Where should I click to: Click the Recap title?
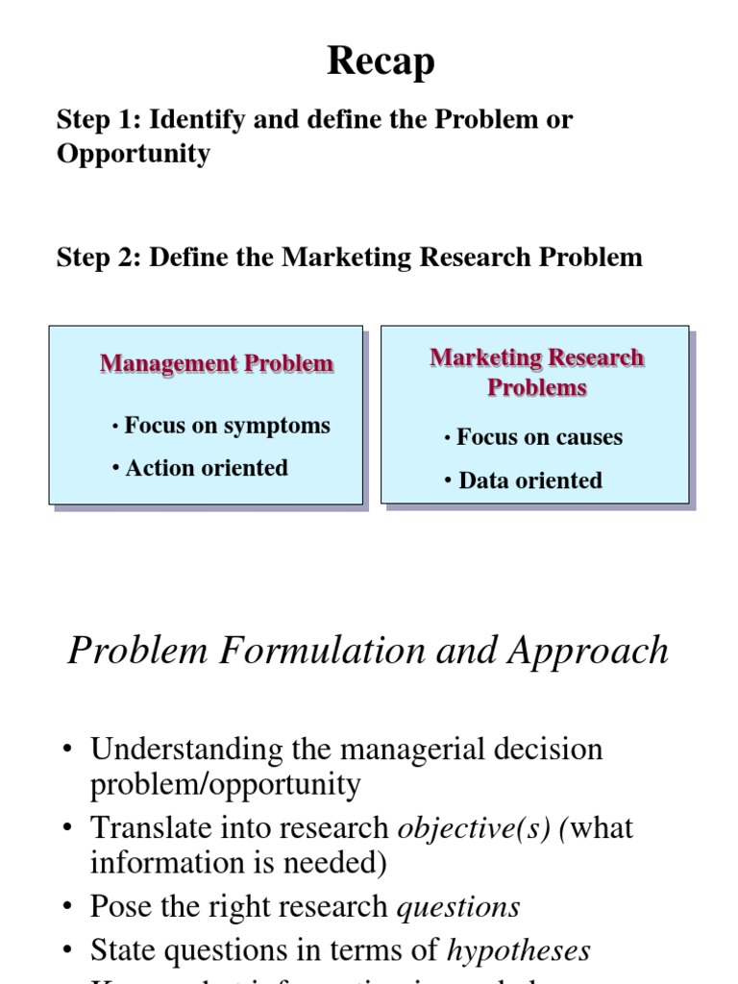pyautogui.click(x=381, y=62)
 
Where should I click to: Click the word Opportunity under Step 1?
pyautogui.click(x=134, y=154)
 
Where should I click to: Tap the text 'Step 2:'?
pyautogui.click(x=99, y=258)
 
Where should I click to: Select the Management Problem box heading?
pyautogui.click(x=217, y=364)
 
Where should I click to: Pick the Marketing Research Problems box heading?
pyautogui.click(x=536, y=372)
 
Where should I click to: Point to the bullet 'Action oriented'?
pyautogui.click(x=206, y=468)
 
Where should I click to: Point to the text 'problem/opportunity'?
pyautogui.click(x=226, y=784)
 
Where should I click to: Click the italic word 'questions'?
pyautogui.click(x=458, y=906)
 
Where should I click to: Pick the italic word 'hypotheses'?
pyautogui.click(x=519, y=950)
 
